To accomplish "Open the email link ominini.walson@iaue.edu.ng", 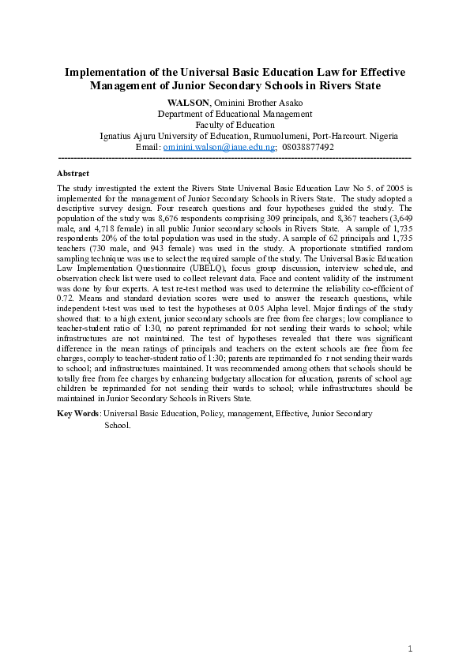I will pyautogui.click(x=219, y=147).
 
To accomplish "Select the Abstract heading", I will pyautogui.click(x=73, y=173).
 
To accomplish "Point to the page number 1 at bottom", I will pyautogui.click(x=411, y=648).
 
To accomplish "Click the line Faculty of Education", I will pyautogui.click(x=235, y=125).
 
